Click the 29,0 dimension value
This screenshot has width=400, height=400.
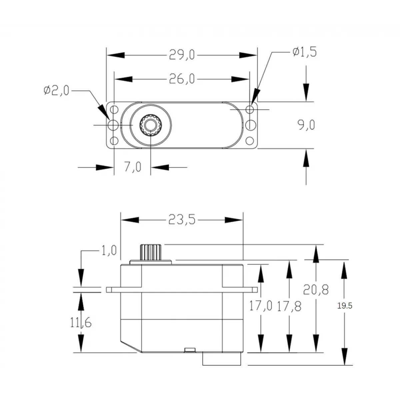pyautogui.click(x=182, y=55)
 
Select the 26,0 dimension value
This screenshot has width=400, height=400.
pyautogui.click(x=182, y=79)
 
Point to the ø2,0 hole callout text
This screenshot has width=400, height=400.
pyautogui.click(x=56, y=90)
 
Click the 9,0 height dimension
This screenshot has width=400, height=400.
pyautogui.click(x=306, y=125)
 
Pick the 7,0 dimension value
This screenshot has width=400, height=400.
pyautogui.click(x=133, y=167)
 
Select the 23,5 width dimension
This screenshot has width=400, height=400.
pyautogui.click(x=182, y=220)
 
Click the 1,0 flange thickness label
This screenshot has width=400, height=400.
pyautogui.click(x=109, y=250)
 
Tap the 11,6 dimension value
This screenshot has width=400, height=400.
pyautogui.click(x=81, y=322)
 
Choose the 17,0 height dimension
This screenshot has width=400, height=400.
pyautogui.click(x=261, y=306)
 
